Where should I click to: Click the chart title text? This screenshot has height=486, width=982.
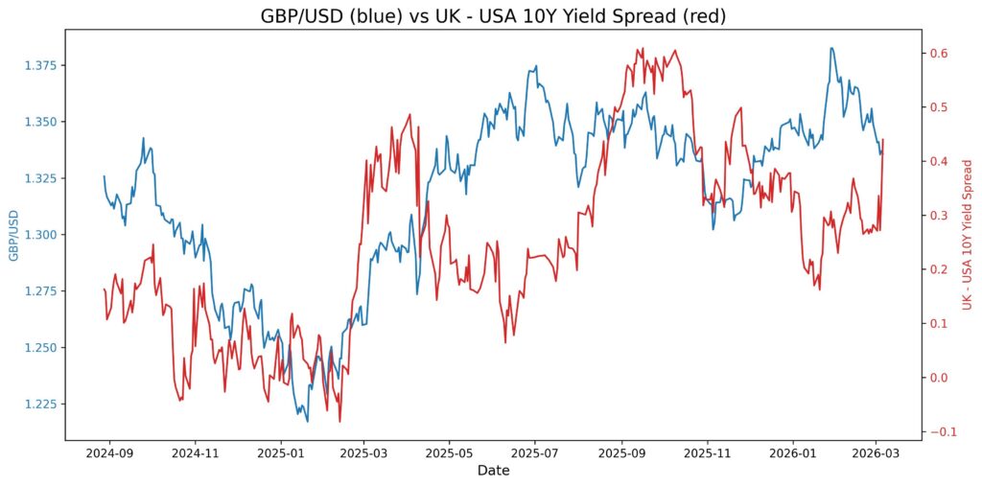pos(490,15)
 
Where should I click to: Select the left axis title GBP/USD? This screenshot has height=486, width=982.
pos(13,235)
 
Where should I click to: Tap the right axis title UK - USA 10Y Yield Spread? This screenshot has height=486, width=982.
pos(967,235)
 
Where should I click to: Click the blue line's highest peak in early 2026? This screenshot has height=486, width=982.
pos(831,48)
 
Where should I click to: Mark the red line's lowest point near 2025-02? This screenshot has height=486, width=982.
pos(339,422)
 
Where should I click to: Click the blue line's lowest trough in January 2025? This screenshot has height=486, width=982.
pos(307,421)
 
